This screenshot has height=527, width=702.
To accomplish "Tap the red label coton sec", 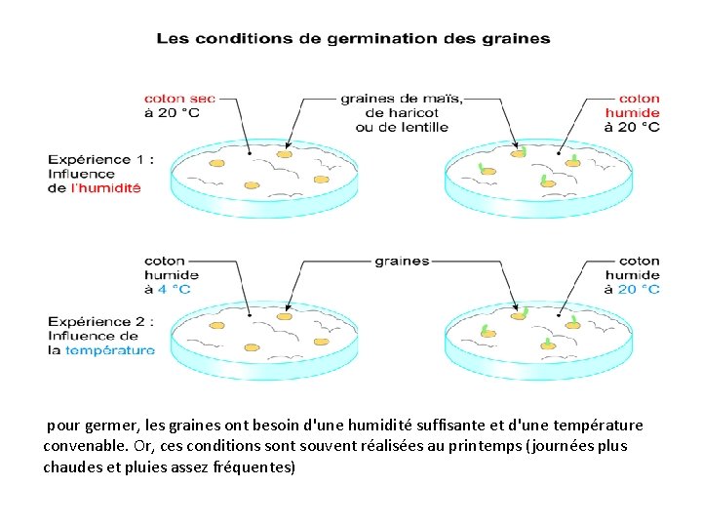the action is tap(179, 99).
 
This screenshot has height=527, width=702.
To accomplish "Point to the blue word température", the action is tap(109, 350).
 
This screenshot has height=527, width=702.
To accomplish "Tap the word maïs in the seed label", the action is tap(443, 99).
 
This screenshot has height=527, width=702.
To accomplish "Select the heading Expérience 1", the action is tap(101, 159).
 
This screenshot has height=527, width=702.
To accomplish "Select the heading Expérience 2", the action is tap(101, 321).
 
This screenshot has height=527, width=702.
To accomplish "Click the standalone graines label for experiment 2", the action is tap(402, 262).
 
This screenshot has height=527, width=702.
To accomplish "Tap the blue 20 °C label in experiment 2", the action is tap(632, 289).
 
